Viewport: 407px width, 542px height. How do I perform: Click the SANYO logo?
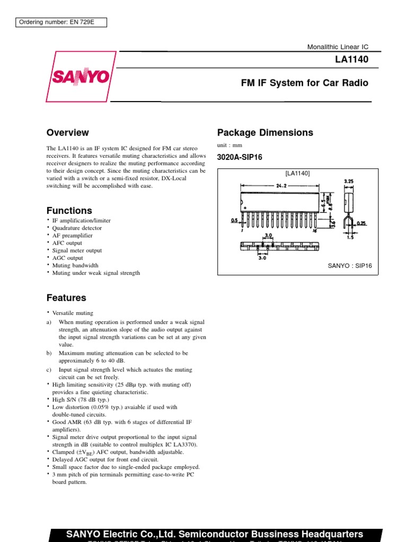(x=81, y=77)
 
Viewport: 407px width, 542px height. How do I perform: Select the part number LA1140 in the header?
(x=352, y=60)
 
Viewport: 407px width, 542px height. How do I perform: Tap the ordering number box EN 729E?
(x=55, y=22)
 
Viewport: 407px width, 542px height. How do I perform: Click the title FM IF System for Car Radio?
(x=304, y=83)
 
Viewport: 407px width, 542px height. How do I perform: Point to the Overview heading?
(x=67, y=133)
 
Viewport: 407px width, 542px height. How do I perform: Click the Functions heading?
(x=69, y=211)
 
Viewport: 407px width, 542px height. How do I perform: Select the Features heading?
(x=66, y=298)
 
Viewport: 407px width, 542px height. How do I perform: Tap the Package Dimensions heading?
(x=265, y=133)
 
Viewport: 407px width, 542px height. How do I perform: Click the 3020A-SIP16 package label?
(x=240, y=157)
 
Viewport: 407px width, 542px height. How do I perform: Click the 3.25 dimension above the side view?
(x=348, y=181)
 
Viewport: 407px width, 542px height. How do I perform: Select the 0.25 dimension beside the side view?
(x=362, y=223)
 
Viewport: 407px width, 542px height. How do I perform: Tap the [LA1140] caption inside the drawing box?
(x=297, y=173)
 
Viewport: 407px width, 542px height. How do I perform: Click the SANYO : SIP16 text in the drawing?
(x=350, y=266)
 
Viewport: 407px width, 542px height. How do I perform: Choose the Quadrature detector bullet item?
(x=76, y=228)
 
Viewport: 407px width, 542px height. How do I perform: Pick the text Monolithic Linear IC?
(x=338, y=47)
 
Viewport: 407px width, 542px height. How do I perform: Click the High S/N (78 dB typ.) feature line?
(x=81, y=400)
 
